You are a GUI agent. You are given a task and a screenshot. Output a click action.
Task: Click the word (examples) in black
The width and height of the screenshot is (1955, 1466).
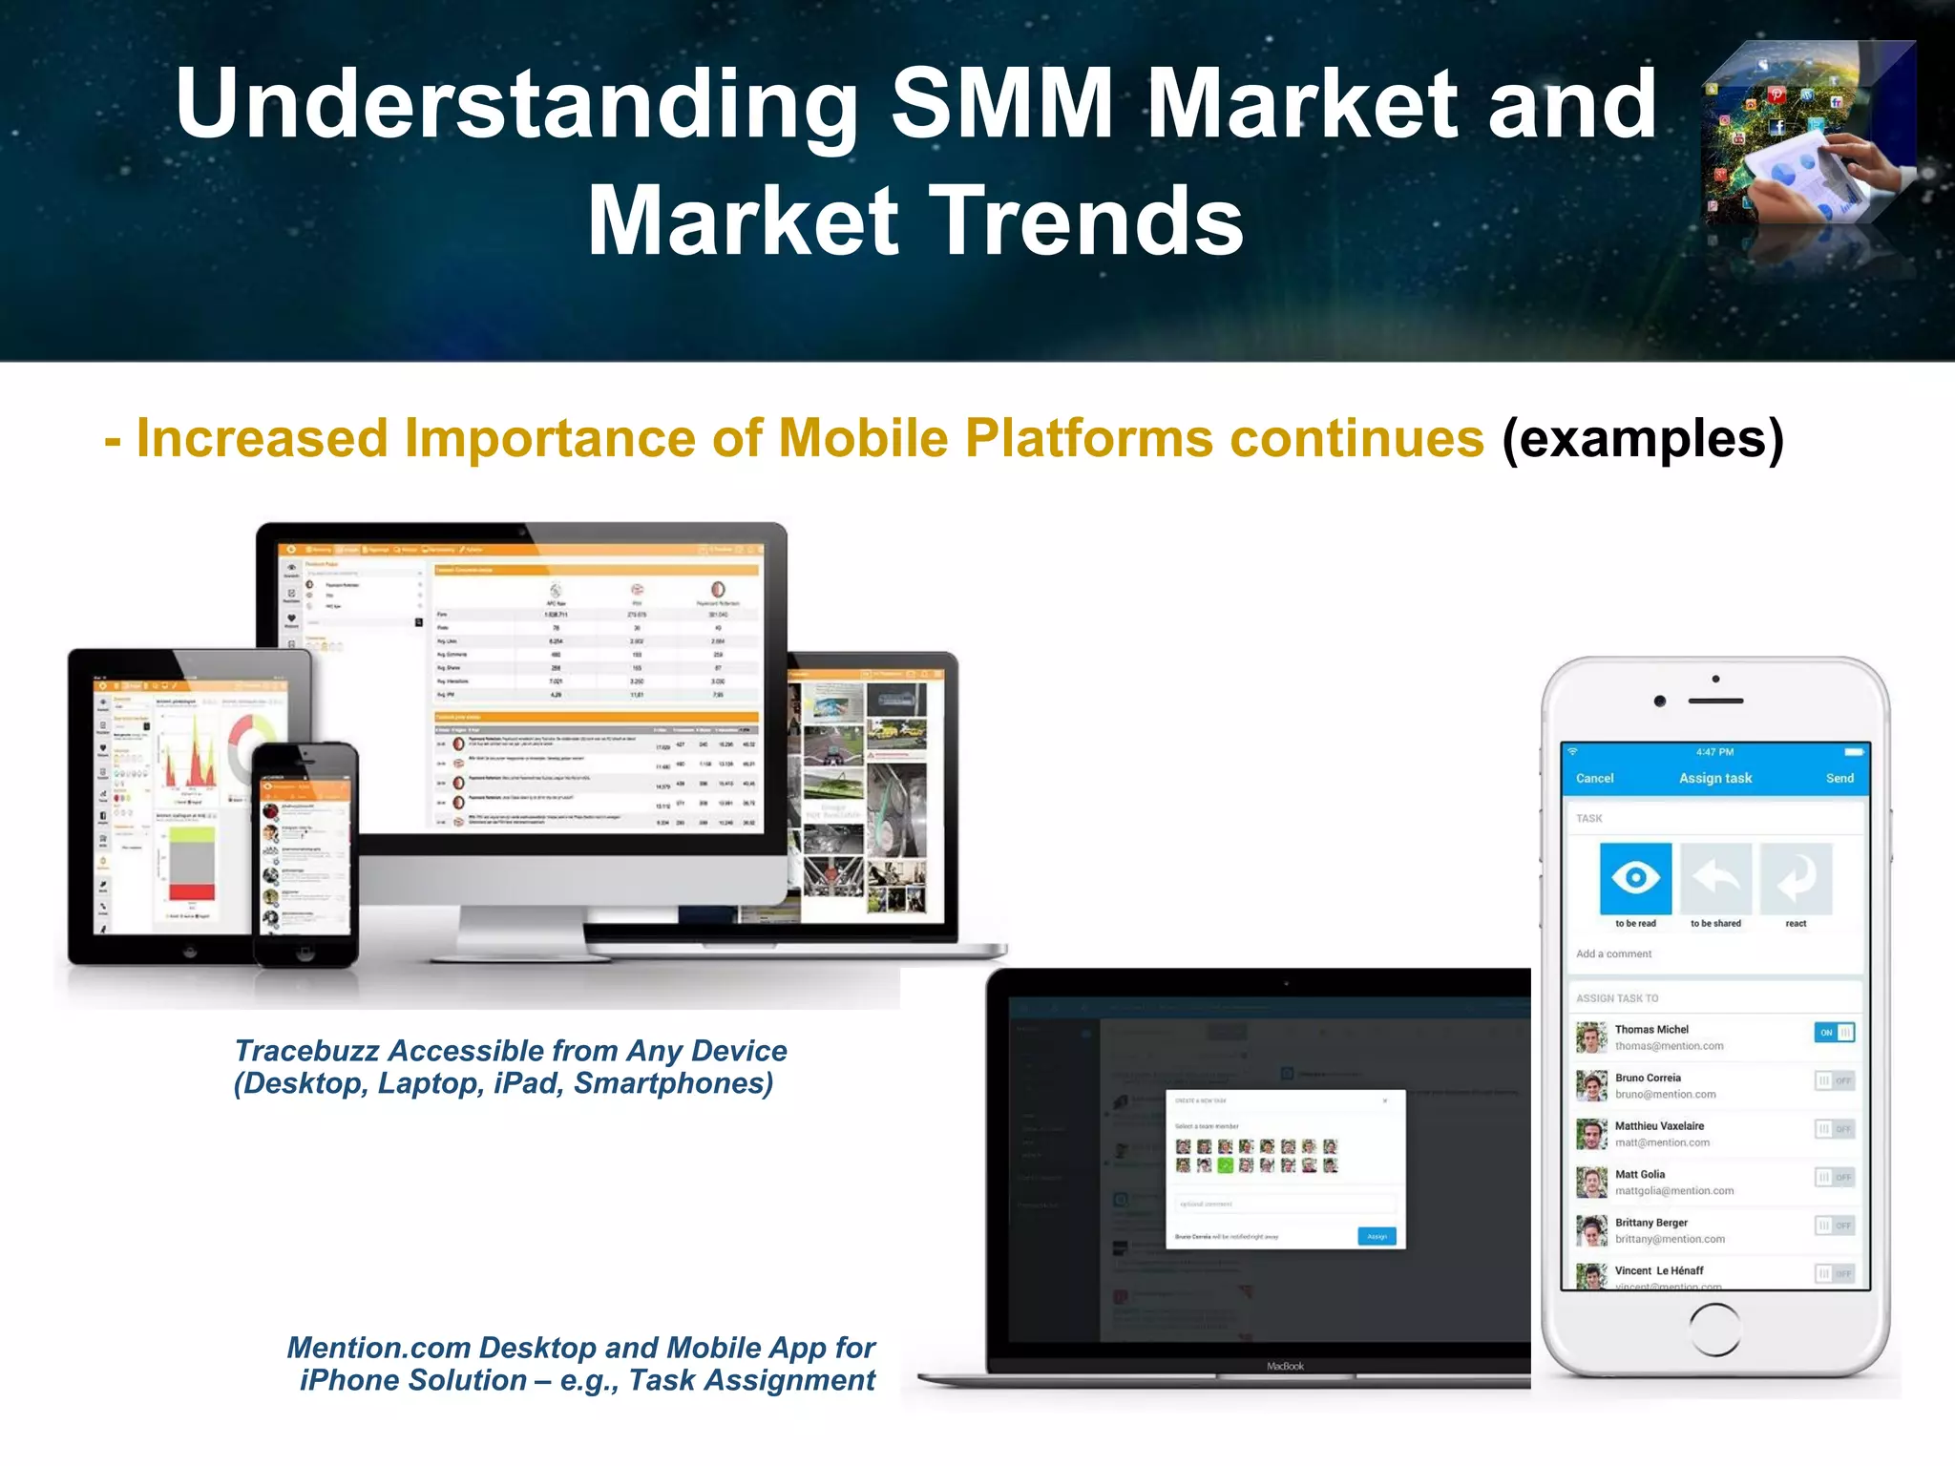1642,439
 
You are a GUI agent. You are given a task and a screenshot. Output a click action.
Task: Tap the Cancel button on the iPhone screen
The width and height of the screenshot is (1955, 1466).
1594,779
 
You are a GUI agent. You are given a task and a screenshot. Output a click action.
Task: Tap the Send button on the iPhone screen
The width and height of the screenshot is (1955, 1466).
1839,779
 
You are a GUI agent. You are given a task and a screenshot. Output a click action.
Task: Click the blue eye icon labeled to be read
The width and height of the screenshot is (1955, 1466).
1635,878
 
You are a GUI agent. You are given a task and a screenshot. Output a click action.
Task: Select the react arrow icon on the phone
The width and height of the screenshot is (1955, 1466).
1796,878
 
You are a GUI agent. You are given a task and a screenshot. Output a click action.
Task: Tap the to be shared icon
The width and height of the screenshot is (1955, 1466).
1715,878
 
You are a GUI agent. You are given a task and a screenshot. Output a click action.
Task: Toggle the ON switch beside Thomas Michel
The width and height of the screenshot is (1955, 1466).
1834,1033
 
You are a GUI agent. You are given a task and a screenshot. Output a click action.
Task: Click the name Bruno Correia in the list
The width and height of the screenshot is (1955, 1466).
1648,1078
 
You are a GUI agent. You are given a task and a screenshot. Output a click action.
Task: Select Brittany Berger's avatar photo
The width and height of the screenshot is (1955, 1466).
1591,1230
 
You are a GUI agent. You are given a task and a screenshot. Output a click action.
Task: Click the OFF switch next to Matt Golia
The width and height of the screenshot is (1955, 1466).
1834,1178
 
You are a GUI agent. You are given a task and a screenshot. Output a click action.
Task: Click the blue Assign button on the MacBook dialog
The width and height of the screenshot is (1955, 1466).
1377,1236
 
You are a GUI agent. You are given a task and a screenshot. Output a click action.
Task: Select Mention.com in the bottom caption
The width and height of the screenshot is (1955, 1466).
379,1348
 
